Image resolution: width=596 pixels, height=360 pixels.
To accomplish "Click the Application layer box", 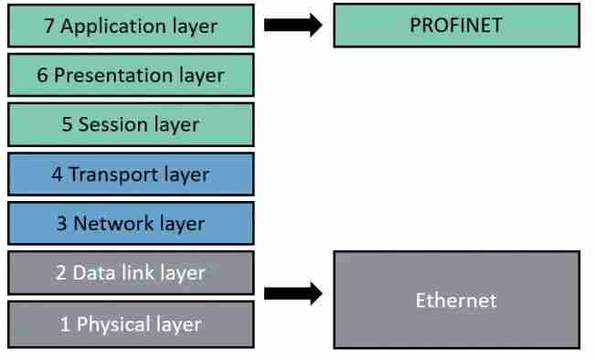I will [x=130, y=25].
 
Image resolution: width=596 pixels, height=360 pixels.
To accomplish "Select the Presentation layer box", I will [x=130, y=75].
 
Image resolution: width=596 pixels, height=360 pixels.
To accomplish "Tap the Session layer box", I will [x=130, y=124].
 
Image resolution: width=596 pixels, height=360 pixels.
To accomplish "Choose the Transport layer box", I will [x=130, y=175].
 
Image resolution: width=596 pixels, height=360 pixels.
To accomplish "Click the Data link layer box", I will [x=130, y=273].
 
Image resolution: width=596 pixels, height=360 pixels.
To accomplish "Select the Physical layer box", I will [x=130, y=323].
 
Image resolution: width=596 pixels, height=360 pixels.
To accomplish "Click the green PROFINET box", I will [x=456, y=25].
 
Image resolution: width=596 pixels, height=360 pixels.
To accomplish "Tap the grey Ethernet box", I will [x=456, y=299].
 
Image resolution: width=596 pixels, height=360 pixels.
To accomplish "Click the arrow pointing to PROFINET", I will [x=293, y=25].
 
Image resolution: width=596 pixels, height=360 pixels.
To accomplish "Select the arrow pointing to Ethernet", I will [x=293, y=293].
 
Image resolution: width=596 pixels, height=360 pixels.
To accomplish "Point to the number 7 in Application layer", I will [x=49, y=26].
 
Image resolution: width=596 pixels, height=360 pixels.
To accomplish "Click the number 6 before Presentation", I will [x=42, y=75].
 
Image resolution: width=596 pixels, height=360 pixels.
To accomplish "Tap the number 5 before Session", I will [x=67, y=125].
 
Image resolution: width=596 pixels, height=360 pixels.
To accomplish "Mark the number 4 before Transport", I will [x=57, y=175].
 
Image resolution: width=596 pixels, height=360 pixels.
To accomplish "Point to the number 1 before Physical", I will [x=65, y=324].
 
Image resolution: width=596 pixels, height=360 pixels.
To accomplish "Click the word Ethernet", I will [x=456, y=300].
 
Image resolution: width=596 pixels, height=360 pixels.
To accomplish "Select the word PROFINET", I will [x=456, y=25].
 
